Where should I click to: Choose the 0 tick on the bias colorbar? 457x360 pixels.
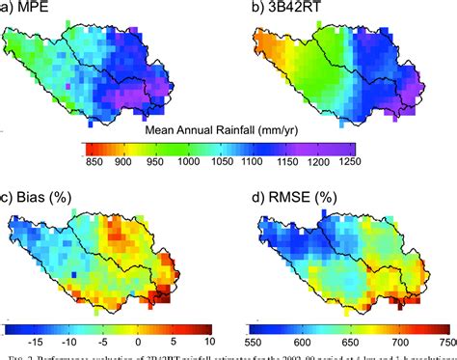pos(138,342)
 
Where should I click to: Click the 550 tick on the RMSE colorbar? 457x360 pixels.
pos(254,342)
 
